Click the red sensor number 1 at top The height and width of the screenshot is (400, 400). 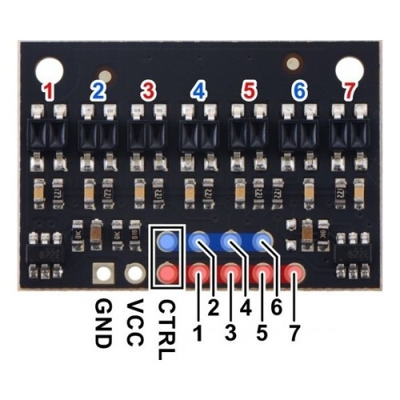[x=49, y=92]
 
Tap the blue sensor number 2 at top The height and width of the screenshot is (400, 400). [x=98, y=91]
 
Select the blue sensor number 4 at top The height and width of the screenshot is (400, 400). [x=198, y=91]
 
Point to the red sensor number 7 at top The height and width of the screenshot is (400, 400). [x=350, y=92]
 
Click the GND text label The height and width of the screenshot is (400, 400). [x=103, y=323]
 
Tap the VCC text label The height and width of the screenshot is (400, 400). [x=135, y=323]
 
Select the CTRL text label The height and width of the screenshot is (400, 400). [x=166, y=330]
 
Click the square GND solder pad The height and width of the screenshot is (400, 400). [x=103, y=273]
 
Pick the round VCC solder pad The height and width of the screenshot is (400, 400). [x=135, y=273]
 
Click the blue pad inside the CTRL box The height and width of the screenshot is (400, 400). [x=167, y=241]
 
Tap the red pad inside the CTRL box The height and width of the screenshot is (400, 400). [x=167, y=273]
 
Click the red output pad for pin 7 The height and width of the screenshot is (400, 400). [x=294, y=273]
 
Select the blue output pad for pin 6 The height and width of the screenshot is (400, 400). [x=262, y=241]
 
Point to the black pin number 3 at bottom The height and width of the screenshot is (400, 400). [x=230, y=333]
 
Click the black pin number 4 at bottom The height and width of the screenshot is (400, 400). [x=246, y=307]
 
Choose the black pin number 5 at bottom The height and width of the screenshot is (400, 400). [x=262, y=333]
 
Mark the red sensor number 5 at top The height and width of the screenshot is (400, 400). [x=249, y=91]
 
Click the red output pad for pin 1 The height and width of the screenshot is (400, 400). [x=198, y=273]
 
